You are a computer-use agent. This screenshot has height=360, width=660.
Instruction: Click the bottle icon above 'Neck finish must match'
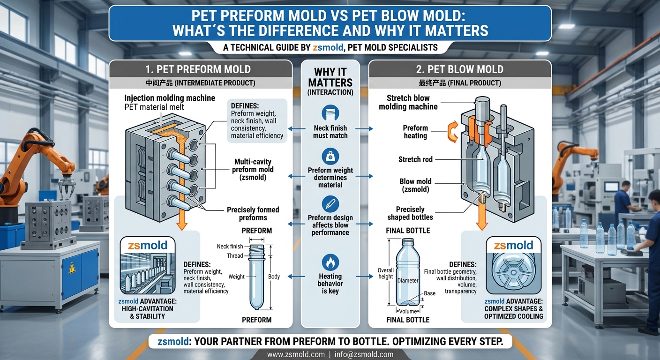click(x=330, y=113)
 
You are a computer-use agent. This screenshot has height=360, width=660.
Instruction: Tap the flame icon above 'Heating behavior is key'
click(x=330, y=262)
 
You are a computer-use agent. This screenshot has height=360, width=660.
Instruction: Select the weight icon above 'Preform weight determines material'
click(x=330, y=156)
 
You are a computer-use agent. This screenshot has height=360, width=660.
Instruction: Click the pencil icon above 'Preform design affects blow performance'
click(x=330, y=204)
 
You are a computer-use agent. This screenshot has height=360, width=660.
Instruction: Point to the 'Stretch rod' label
click(x=415, y=159)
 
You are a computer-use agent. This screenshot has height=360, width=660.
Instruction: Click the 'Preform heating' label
click(x=415, y=132)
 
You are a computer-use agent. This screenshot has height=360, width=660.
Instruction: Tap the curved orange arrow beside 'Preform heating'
click(x=453, y=131)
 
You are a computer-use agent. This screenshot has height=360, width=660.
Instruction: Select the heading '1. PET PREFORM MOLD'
click(x=198, y=69)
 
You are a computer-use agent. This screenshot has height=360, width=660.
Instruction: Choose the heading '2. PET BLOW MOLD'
click(x=460, y=69)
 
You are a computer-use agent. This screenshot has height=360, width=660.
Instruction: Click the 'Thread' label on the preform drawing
click(x=235, y=256)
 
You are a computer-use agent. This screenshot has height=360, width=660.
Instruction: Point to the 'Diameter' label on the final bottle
click(x=408, y=281)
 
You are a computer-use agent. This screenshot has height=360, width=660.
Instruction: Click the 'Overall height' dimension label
click(x=386, y=273)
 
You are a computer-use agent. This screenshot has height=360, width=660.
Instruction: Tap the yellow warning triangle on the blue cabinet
click(x=72, y=269)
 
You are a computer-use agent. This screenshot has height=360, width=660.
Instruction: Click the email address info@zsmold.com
click(x=364, y=354)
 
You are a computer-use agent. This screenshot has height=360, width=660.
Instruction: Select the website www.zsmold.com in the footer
click(x=296, y=354)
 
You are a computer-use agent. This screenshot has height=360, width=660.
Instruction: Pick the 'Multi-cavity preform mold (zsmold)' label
click(x=253, y=169)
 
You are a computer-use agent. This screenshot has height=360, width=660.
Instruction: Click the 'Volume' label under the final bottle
click(x=408, y=311)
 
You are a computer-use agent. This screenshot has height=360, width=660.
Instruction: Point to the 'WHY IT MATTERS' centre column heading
click(x=330, y=77)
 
